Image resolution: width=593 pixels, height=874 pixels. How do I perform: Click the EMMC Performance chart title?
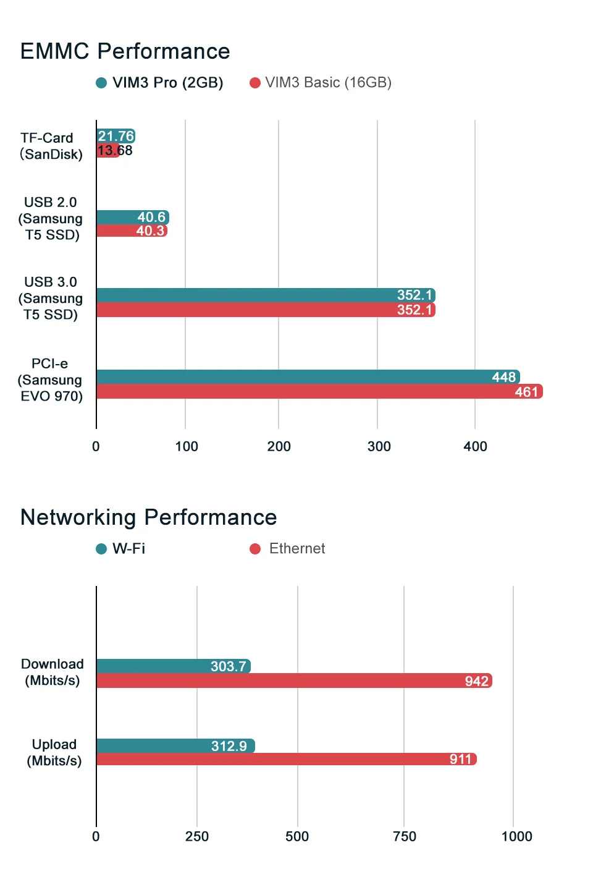pyautogui.click(x=125, y=51)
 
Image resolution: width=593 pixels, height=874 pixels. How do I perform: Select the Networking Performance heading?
pyautogui.click(x=148, y=517)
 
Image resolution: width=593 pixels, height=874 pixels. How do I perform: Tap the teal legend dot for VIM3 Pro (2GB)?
pyautogui.click(x=101, y=83)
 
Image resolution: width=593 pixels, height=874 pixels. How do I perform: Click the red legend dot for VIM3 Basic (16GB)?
pyautogui.click(x=255, y=83)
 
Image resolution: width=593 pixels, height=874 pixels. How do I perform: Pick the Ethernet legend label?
pyautogui.click(x=297, y=548)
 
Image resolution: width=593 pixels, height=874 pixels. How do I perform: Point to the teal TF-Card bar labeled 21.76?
pyautogui.click(x=116, y=136)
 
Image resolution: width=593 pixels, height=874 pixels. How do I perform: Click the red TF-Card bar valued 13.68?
pyautogui.click(x=108, y=150)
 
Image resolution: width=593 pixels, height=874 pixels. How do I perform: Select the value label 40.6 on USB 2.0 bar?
pyautogui.click(x=151, y=217)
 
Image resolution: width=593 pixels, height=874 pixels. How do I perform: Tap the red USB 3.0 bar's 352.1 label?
pyautogui.click(x=414, y=310)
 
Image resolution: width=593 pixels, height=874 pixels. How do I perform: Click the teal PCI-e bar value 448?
pyautogui.click(x=503, y=377)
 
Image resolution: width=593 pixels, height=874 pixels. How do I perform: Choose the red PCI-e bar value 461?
pyautogui.click(x=526, y=391)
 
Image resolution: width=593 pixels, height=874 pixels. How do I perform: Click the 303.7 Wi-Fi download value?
pyautogui.click(x=229, y=666)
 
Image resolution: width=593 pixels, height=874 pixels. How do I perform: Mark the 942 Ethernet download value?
pyautogui.click(x=476, y=681)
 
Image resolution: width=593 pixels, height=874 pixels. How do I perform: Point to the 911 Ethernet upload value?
pyautogui.click(x=461, y=759)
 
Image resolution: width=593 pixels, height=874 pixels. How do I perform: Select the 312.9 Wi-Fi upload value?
pyautogui.click(x=229, y=745)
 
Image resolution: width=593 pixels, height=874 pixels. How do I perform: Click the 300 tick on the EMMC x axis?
pyautogui.click(x=379, y=446)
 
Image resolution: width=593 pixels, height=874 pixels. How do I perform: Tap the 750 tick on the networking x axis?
pyautogui.click(x=405, y=836)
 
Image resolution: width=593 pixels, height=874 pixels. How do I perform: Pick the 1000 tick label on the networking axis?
pyautogui.click(x=516, y=836)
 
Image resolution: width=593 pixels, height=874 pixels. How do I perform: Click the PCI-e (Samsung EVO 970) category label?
pyautogui.click(x=50, y=380)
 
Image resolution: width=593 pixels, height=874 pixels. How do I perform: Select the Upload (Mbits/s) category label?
pyautogui.click(x=54, y=752)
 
